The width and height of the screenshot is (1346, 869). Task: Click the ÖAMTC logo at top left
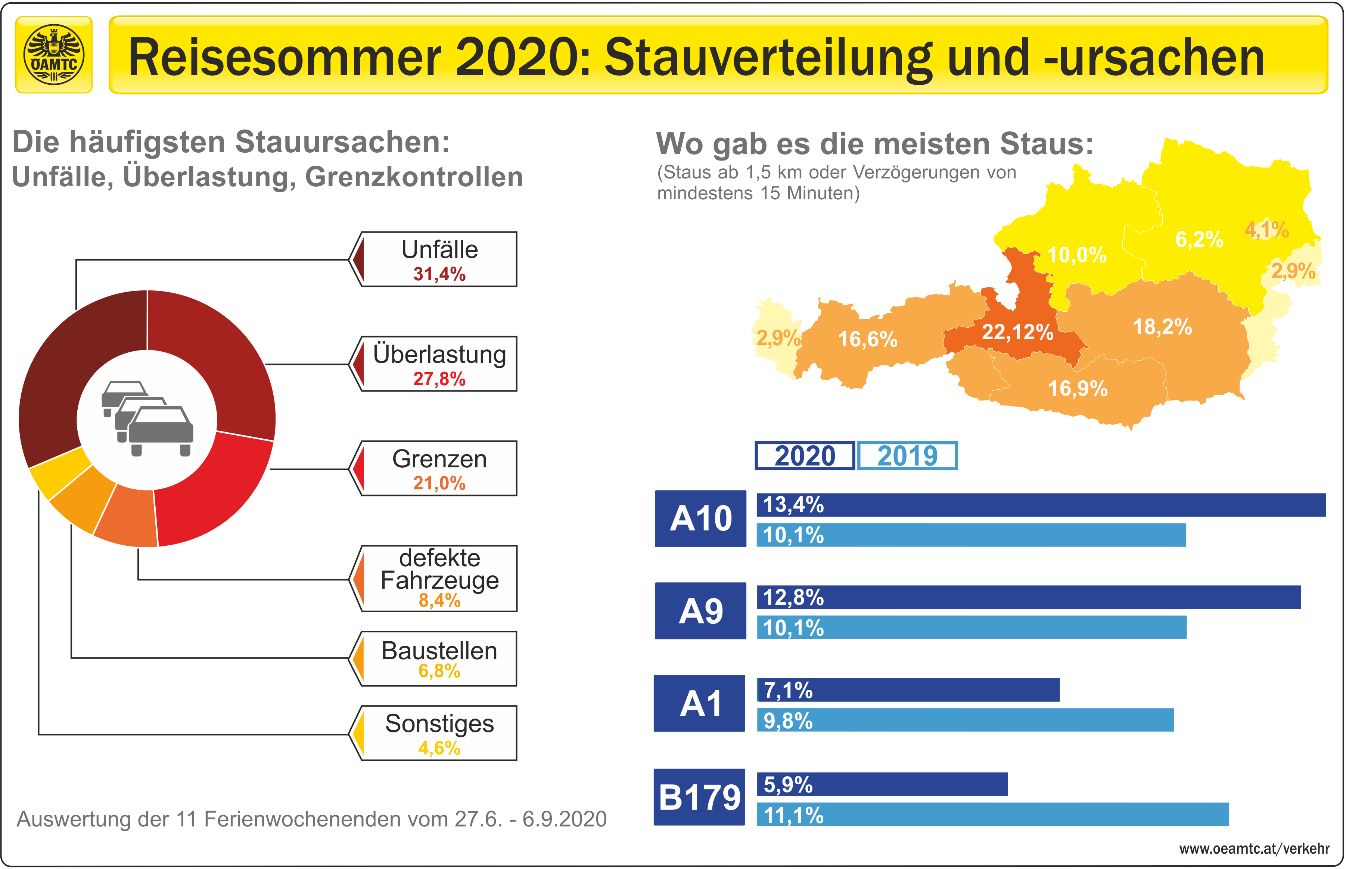54,55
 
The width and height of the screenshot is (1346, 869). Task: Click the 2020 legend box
805,456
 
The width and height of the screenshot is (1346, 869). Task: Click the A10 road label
700,518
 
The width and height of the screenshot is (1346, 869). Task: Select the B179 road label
700,797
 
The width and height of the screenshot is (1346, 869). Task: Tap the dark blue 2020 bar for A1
909,690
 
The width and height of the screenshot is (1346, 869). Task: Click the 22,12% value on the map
1017,332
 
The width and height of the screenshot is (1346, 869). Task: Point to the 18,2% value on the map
1163,327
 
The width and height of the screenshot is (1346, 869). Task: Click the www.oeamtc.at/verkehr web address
1254,849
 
